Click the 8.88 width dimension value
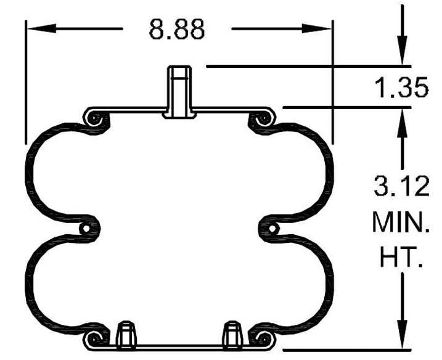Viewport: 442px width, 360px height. [x=176, y=29]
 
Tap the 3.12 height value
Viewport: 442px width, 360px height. [x=401, y=186]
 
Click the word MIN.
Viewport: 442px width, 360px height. [x=401, y=222]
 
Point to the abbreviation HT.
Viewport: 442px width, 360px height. [x=401, y=257]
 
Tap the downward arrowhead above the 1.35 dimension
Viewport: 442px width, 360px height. [x=402, y=50]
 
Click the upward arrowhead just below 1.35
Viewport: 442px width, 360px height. [x=402, y=123]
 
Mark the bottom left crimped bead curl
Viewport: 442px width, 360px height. [x=94, y=338]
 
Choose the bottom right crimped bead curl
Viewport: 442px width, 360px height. [x=264, y=338]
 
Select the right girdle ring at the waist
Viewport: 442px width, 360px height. [x=271, y=229]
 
